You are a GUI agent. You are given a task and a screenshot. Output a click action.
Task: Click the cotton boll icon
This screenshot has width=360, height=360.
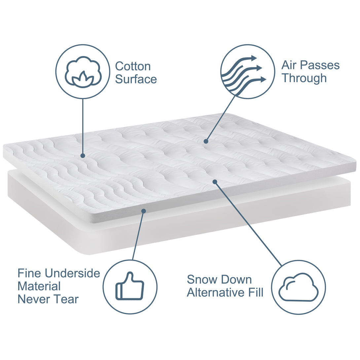83,72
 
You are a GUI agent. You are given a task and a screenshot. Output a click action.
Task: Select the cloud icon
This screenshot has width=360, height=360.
299,287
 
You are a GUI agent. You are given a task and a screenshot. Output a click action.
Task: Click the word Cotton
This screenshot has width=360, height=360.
133,66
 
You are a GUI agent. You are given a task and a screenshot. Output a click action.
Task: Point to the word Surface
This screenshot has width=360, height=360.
136,79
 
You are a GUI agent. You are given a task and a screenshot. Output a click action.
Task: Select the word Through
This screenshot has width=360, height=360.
304,78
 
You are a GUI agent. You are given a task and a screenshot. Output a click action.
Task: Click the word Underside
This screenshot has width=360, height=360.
72,273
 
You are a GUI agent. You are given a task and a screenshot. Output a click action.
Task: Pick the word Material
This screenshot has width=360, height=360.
39,286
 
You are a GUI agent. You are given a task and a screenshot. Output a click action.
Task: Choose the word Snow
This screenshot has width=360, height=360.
199,280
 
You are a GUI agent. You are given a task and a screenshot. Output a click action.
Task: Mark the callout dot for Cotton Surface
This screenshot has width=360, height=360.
83,156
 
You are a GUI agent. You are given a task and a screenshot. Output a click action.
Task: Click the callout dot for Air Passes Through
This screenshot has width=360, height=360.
206,141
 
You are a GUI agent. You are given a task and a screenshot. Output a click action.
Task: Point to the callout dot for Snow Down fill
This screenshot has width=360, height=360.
215,182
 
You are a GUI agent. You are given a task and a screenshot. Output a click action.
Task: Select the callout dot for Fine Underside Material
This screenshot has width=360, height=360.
144,211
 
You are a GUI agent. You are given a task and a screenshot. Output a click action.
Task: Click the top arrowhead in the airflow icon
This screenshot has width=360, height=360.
254,58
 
